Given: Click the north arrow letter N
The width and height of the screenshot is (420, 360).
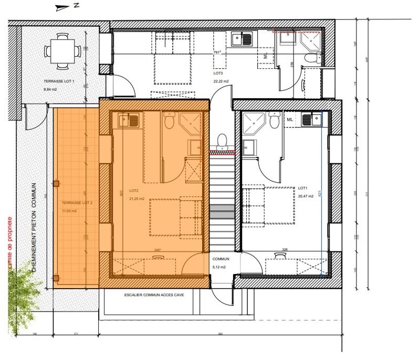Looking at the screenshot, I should (76, 6).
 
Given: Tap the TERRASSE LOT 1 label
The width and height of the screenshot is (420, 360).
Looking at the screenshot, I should (59, 81).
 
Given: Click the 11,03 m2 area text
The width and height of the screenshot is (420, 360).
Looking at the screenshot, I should (69, 210).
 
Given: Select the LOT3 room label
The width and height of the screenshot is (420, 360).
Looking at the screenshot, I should (218, 74).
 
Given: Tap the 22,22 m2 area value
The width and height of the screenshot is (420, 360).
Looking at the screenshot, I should (222, 81).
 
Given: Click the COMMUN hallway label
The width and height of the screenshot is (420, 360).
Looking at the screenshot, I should (221, 259).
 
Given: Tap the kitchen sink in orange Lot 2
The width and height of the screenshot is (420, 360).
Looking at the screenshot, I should (129, 121).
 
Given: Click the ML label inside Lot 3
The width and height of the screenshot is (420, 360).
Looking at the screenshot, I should (266, 55).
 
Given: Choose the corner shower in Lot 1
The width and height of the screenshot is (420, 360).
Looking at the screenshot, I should (254, 122).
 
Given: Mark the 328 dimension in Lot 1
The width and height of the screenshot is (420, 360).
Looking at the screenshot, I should (285, 250).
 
